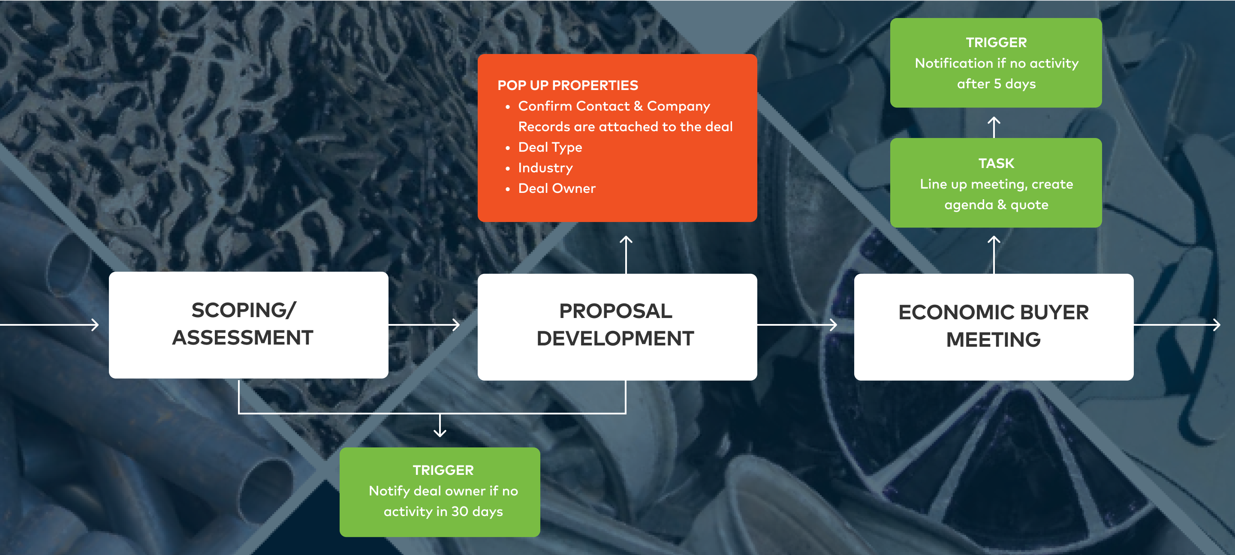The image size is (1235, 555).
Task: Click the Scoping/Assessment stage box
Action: coord(248,325)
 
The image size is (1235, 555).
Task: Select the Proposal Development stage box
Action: coord(617,327)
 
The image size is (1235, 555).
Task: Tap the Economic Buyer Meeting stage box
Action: coord(994,327)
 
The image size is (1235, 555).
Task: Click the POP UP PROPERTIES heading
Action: coord(568,85)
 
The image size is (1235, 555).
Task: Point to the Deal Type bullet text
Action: coord(550,147)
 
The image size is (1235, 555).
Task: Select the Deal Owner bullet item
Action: coord(557,188)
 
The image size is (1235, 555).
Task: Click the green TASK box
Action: coord(996,183)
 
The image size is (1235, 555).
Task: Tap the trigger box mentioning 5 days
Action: coord(996,63)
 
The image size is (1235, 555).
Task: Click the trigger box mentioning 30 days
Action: coord(440,492)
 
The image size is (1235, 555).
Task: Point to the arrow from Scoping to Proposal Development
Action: coord(424,325)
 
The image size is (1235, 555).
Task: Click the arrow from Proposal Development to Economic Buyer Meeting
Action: coord(797,325)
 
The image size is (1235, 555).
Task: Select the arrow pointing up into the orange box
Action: coord(626,255)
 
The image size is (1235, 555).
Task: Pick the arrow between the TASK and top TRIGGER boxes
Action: coord(994,127)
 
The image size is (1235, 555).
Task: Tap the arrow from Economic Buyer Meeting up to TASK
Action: coord(994,255)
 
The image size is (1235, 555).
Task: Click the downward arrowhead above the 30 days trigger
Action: coord(440,432)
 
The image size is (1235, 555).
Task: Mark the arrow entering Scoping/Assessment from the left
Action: coord(49,325)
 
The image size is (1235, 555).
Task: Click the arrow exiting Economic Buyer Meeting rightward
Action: coord(1177,325)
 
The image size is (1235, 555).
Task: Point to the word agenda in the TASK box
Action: coord(968,205)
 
